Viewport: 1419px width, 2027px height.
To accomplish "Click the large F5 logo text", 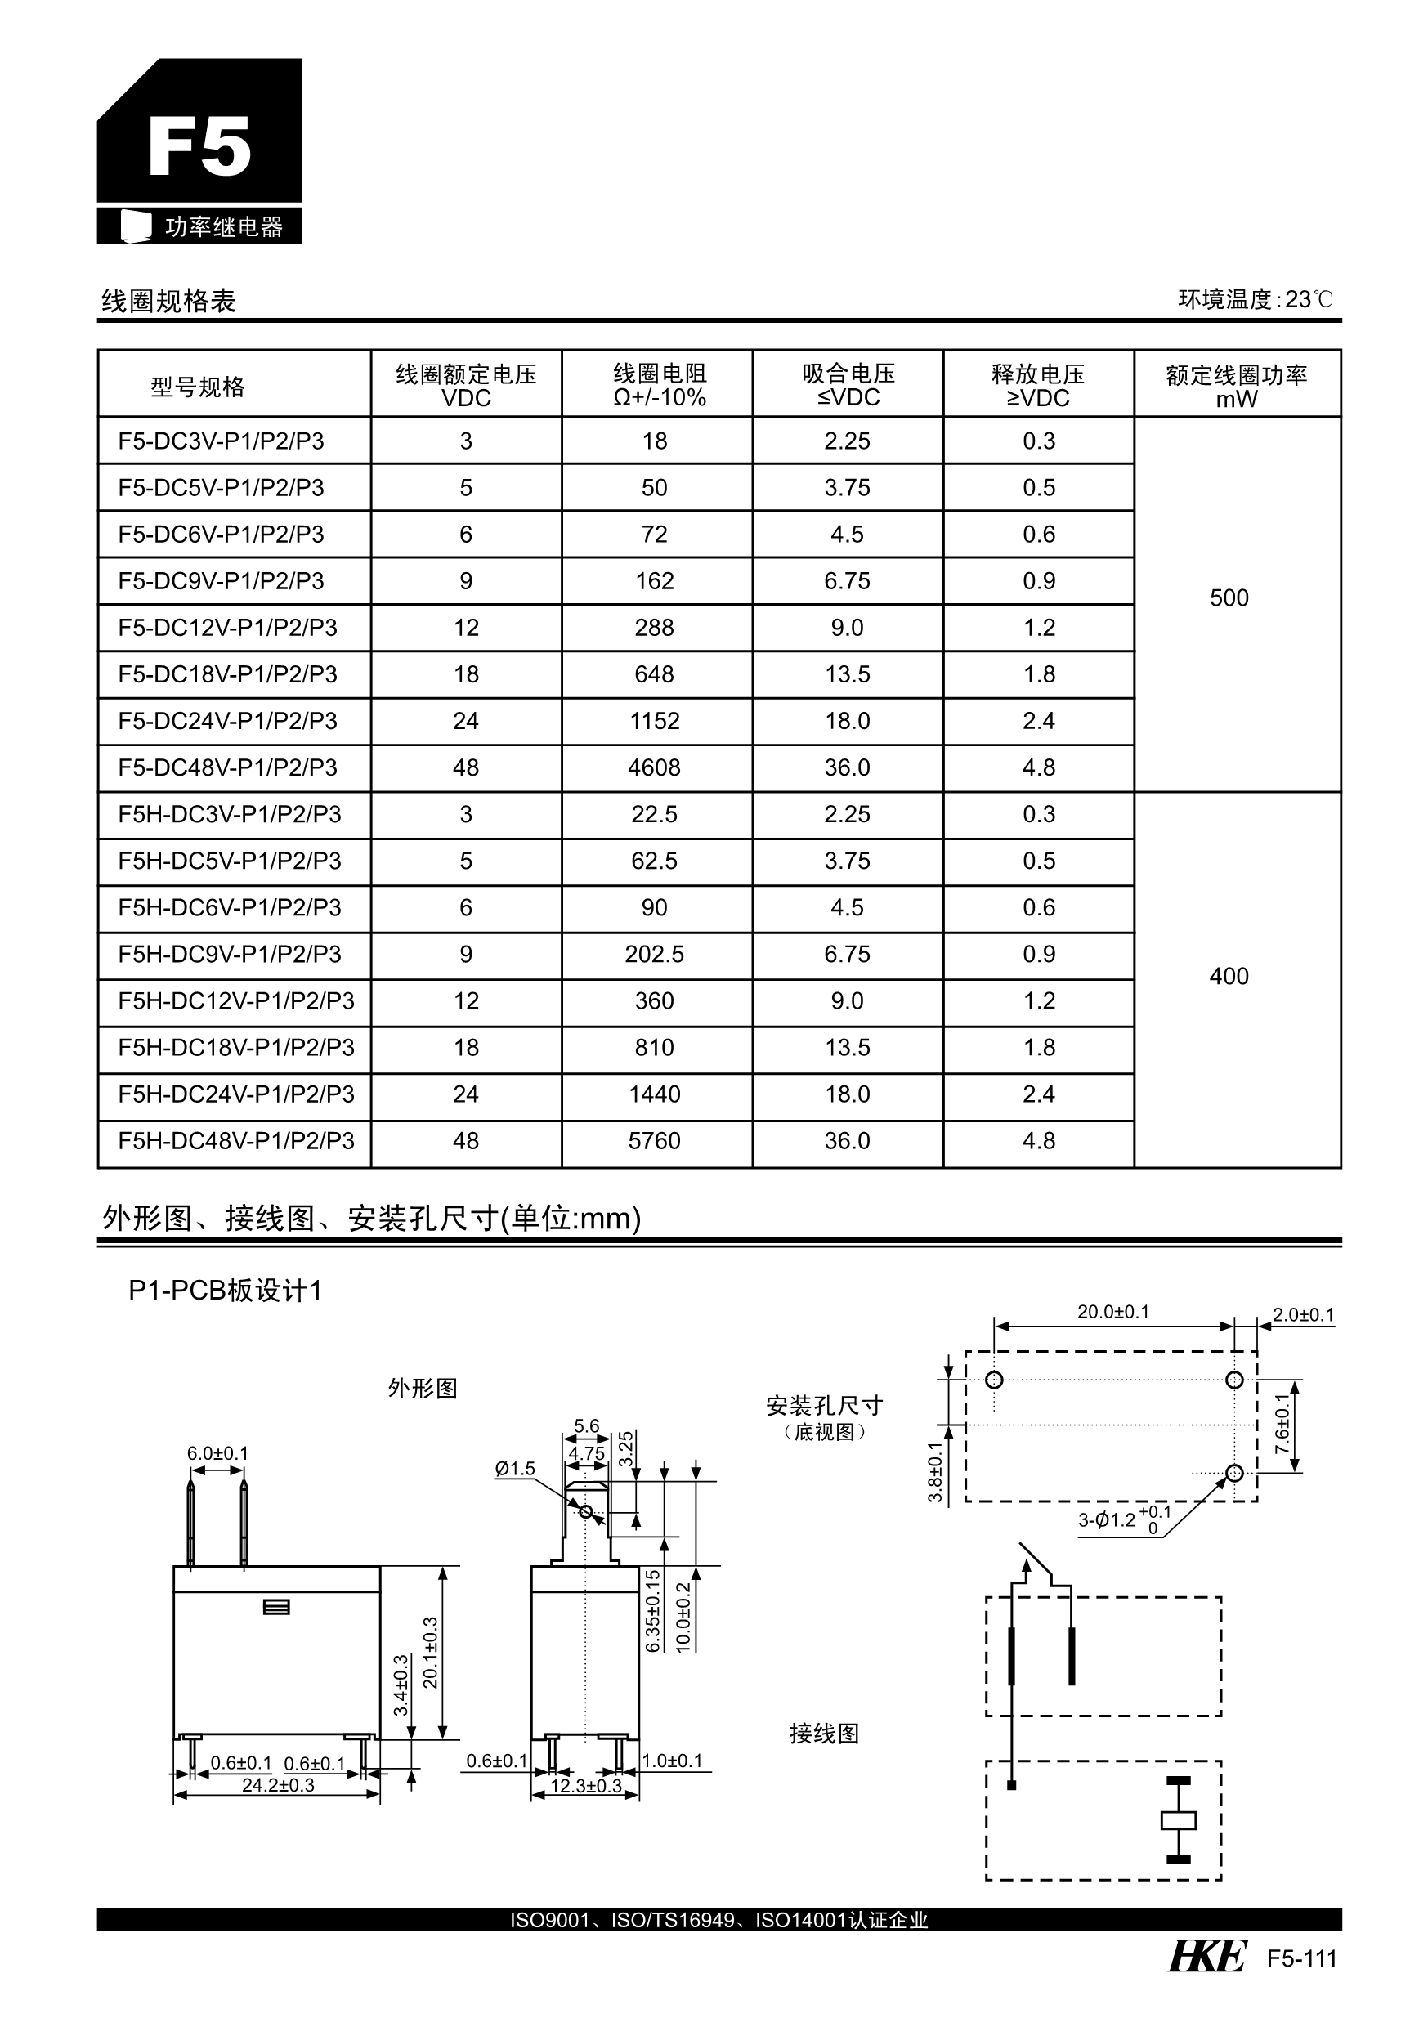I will pos(199,147).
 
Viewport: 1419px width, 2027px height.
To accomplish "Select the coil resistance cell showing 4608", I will pos(654,768).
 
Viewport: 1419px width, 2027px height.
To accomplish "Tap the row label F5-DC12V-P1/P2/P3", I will pos(228,628).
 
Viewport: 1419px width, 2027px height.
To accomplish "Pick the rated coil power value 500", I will pos(1229,598).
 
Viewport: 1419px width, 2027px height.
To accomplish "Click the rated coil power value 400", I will pos(1229,977).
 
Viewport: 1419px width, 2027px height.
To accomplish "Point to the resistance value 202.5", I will pos(654,955).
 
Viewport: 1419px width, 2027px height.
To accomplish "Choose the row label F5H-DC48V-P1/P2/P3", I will pos(235,1142).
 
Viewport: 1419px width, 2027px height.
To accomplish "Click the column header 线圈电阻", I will pos(660,374).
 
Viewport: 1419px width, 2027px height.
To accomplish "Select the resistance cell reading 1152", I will pos(654,721).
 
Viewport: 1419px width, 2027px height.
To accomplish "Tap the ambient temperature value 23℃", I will pos(1309,300).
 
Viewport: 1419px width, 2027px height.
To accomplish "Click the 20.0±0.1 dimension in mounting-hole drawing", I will pos(1112,1312).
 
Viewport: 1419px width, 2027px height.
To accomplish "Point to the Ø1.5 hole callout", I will pos(515,1469).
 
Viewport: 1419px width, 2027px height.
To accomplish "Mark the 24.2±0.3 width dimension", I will pos(278,1785).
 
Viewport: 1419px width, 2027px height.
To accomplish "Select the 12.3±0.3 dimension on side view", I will pos(586,1786).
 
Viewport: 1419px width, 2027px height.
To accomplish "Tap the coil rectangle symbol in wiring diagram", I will pos(1178,1820).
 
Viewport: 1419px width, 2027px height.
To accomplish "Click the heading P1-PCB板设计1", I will pos(225,1291).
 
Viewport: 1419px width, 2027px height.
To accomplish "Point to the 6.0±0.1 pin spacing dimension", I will pos(217,1453).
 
